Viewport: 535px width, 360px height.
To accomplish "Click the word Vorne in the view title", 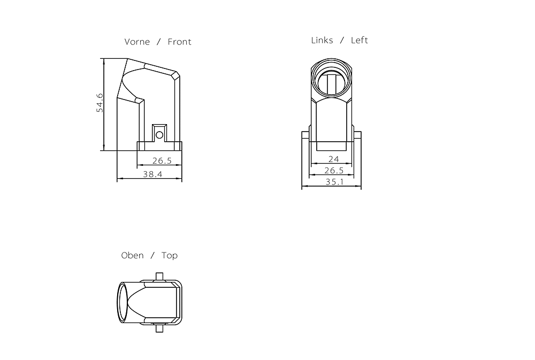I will pos(137,42).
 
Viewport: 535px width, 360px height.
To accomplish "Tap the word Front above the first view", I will pos(179,42).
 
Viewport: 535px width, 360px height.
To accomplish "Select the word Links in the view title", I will pos(322,40).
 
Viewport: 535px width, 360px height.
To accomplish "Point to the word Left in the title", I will pos(360,40).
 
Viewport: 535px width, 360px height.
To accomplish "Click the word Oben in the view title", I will pos(132,256).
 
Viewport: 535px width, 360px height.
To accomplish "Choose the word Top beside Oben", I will pos(170,256).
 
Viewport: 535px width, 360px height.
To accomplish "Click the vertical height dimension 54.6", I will pos(100,103).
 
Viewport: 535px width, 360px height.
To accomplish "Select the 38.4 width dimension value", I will pos(152,174).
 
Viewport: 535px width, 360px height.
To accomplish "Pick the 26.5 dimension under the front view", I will pos(162,160).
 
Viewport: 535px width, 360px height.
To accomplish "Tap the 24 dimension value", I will pos(333,159).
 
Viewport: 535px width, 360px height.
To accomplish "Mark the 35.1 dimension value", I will pos(335,182).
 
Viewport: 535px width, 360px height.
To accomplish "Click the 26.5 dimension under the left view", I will pos(334,171).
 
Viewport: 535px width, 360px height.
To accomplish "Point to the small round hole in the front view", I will pos(159,135).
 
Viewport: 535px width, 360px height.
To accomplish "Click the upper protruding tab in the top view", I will pos(159,276).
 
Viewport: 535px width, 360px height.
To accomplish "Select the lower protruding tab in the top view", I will pos(159,328).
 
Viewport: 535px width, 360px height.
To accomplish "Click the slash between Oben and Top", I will pos(152,256).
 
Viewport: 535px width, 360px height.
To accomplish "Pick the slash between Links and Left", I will pos(342,40).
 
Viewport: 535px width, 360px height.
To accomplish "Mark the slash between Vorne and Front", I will pos(159,42).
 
